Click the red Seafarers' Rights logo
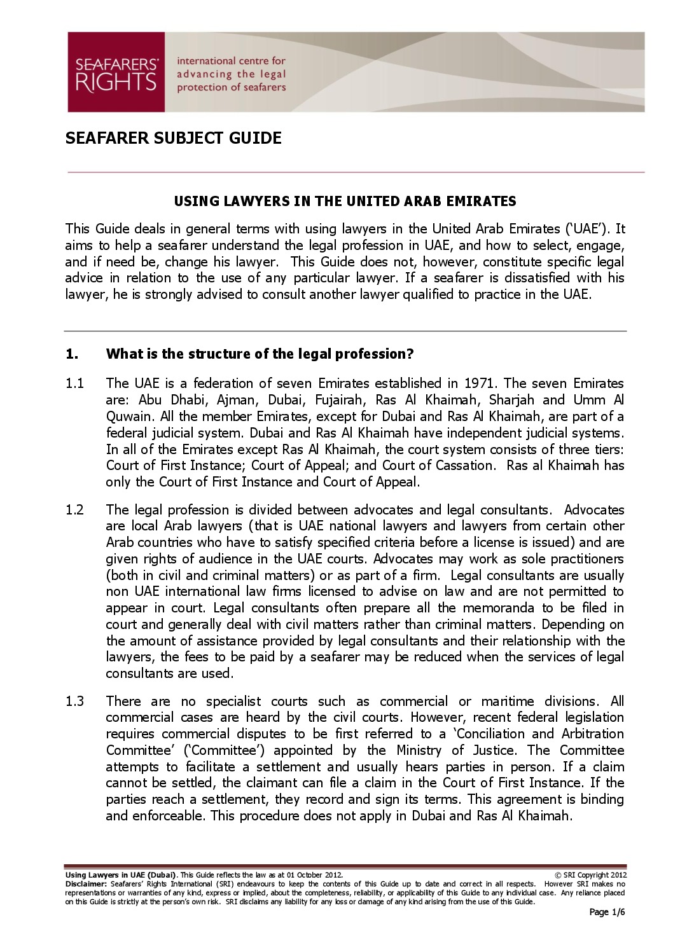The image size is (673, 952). [116, 72]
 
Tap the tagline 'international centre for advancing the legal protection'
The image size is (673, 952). [232, 74]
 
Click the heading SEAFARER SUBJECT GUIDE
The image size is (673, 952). [173, 138]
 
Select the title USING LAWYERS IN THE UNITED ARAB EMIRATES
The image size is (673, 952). [345, 202]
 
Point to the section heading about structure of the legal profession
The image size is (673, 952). [260, 354]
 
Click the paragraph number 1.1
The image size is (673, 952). [74, 383]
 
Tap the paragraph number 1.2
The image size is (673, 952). [74, 510]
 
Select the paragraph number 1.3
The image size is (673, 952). [74, 701]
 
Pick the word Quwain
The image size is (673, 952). [128, 417]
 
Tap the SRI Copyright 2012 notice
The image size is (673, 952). [590, 875]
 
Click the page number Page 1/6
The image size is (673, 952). [607, 913]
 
